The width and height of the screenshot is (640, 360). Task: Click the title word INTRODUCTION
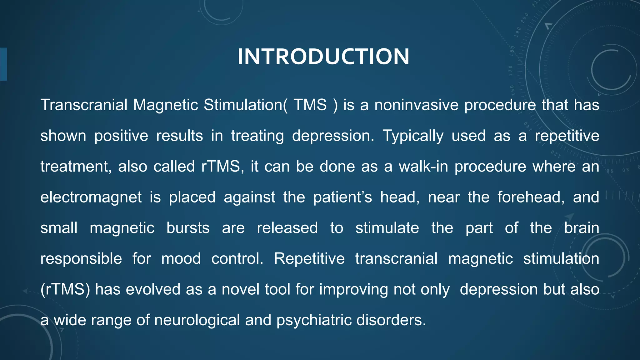tap(323, 57)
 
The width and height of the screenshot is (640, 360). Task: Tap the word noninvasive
tap(416, 105)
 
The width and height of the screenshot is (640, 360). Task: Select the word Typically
tap(413, 136)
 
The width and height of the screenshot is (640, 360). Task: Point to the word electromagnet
tap(91, 197)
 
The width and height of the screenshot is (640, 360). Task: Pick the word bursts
tap(188, 228)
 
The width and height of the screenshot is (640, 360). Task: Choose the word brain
tap(582, 228)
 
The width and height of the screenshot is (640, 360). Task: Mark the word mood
tap(181, 259)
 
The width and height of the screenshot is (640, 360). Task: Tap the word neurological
tap(197, 320)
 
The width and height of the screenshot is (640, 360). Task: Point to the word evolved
tap(153, 289)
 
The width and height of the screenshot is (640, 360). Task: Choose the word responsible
tap(81, 259)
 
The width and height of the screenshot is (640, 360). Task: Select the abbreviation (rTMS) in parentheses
tap(65, 289)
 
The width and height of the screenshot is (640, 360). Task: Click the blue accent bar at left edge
tap(3, 64)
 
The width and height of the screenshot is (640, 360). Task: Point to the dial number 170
tap(511, 71)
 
